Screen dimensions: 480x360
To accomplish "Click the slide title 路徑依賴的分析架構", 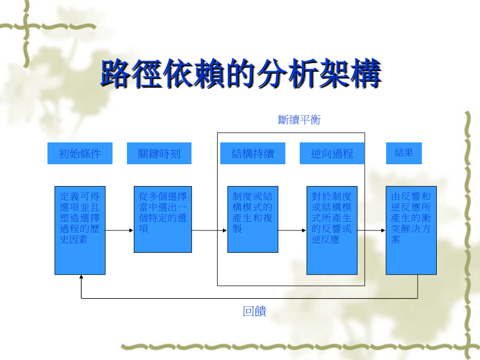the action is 241,74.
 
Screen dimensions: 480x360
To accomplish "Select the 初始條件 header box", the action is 80,154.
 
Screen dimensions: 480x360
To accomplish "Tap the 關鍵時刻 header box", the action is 159,154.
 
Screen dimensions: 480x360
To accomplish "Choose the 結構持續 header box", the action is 253,154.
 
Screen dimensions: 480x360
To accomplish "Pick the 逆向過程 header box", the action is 332,154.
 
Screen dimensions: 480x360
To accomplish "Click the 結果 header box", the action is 404,154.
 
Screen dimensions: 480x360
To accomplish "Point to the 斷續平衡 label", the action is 299,119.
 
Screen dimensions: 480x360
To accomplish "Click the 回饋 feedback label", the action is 254,311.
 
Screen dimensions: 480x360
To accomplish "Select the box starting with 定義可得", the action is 80,230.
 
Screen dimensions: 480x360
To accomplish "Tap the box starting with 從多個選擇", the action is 163,219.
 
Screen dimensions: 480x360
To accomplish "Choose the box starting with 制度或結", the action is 253,219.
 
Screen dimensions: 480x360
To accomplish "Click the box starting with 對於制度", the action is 332,230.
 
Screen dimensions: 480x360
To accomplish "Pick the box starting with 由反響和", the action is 411,230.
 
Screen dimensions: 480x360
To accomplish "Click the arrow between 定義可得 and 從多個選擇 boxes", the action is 119,230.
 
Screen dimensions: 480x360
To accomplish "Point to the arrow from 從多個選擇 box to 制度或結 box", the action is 210,230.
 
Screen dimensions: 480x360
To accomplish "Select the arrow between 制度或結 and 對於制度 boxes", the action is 292,230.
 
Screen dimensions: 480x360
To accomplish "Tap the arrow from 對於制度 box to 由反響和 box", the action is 372,230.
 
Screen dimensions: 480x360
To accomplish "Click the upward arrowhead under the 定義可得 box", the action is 81,277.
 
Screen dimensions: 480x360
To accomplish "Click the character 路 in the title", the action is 116,74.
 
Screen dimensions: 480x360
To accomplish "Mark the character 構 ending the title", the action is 366,74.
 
